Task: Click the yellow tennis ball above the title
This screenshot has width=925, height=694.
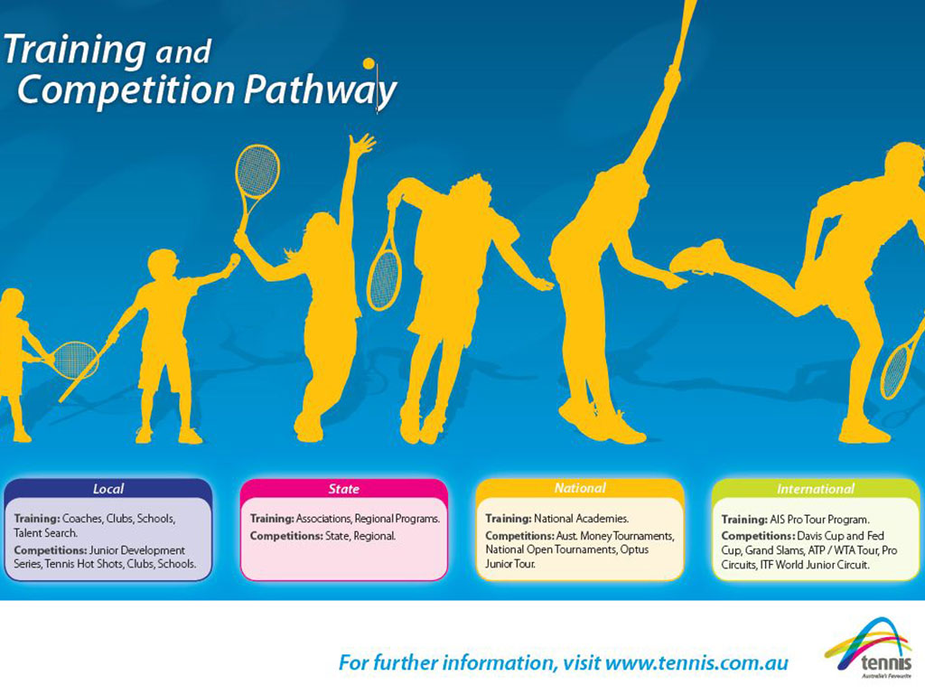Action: tap(369, 63)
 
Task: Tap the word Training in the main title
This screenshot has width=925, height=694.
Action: tap(75, 50)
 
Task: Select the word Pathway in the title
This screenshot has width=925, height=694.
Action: tap(321, 90)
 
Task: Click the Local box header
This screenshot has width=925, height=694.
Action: tap(108, 489)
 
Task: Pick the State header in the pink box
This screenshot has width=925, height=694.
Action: tap(344, 489)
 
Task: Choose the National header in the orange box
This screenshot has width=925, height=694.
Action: tap(580, 488)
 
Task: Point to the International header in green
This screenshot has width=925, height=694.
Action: tap(816, 489)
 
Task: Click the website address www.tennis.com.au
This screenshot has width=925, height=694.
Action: tap(696, 662)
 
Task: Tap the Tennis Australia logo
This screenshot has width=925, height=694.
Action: tap(868, 648)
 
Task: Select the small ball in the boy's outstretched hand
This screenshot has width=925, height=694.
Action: tap(235, 259)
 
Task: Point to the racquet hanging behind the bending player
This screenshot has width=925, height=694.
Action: tap(384, 269)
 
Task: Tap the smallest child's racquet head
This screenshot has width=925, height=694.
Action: tap(75, 360)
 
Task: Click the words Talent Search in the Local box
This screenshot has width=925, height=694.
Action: tap(45, 533)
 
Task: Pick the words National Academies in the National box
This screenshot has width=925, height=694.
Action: tap(581, 519)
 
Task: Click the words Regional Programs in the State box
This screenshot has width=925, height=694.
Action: tap(397, 519)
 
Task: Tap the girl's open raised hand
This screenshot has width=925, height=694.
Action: tap(360, 144)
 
